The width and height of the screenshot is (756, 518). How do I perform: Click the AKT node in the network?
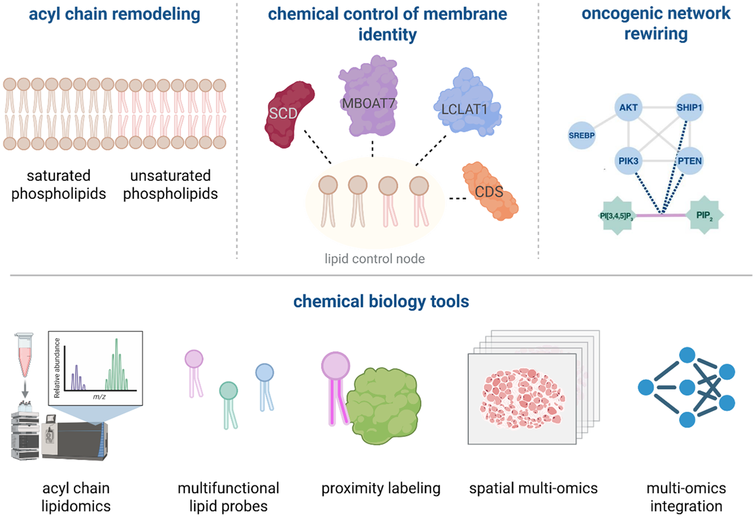click(628, 107)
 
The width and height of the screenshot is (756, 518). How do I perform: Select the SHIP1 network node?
click(689, 107)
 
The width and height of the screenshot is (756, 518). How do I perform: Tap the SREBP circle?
click(582, 135)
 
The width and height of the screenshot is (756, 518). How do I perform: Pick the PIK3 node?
click(628, 161)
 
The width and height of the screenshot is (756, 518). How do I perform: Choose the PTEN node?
click(690, 161)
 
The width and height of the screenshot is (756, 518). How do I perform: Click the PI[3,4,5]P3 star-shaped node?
click(617, 215)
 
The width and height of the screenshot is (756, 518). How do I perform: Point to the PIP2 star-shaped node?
click(704, 215)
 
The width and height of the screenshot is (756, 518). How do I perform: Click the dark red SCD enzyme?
click(289, 114)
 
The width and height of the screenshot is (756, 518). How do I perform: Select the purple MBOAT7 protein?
click(369, 97)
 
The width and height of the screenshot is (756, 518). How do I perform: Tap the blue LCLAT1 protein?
click(467, 103)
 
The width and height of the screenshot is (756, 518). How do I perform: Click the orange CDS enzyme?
click(490, 191)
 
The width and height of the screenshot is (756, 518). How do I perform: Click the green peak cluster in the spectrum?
click(116, 366)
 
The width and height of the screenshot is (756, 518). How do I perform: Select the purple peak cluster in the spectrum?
click(78, 378)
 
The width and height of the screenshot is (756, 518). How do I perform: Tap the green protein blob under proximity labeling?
click(384, 406)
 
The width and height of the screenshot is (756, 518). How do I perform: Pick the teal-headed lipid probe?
click(229, 405)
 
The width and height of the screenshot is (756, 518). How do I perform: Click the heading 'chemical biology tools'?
click(381, 301)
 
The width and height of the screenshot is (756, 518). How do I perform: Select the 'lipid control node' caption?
click(375, 259)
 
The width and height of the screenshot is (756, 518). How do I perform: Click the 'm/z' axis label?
click(99, 397)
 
